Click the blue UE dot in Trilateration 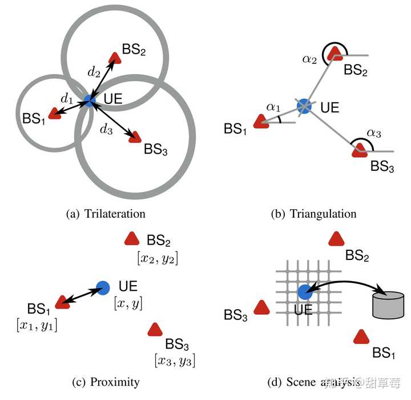pyautogui.click(x=89, y=101)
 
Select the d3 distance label pyautogui.click(x=105, y=129)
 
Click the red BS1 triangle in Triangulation pyautogui.click(x=260, y=121)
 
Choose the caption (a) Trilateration pyautogui.click(x=106, y=214)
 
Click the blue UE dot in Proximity pyautogui.click(x=103, y=287)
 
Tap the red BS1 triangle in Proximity pyautogui.click(x=63, y=302)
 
